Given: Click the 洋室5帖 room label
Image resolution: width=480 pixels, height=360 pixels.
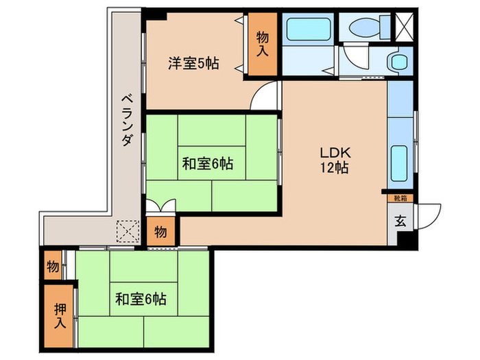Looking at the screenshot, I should point(193,64).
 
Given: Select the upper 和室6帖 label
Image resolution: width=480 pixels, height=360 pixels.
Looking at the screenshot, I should point(207,164).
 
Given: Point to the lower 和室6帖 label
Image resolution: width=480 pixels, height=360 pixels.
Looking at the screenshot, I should point(141,299).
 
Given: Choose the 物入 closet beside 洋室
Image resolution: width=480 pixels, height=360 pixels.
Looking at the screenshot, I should point(263,45).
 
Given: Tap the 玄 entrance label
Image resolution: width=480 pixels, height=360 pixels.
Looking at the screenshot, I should point(400,221).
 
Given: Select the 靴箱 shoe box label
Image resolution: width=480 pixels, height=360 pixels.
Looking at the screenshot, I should point(399,198).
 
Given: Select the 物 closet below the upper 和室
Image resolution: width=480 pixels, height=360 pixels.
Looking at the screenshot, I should point(160,231).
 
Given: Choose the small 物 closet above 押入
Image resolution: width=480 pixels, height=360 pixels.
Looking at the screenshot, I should point(53,266).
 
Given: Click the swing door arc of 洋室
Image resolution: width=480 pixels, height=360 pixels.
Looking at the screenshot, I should point(265,96).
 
